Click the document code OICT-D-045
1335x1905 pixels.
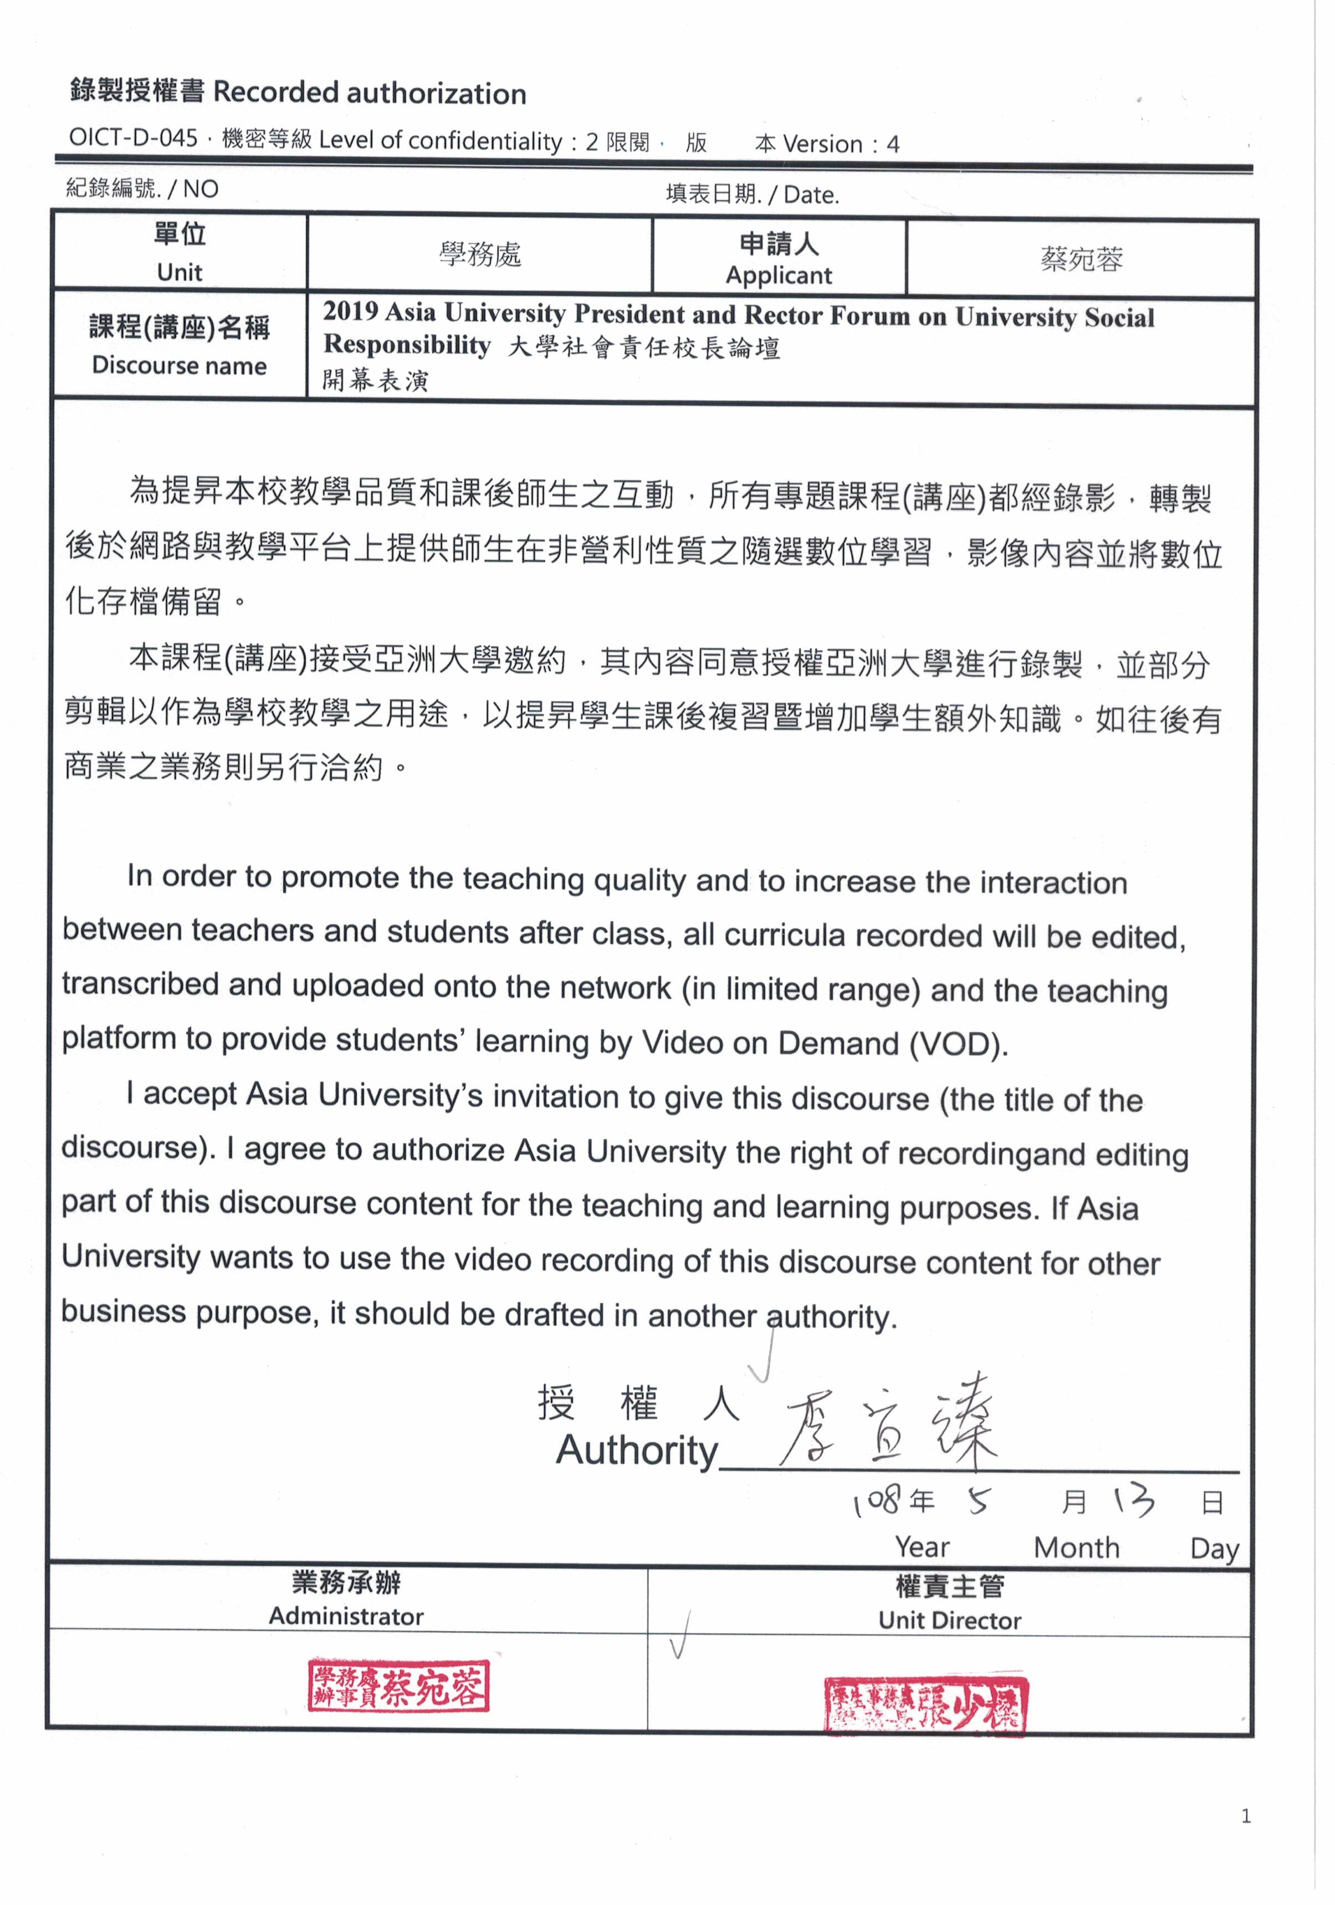(x=133, y=137)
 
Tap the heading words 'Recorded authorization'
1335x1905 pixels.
(x=369, y=93)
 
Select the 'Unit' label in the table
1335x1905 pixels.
(x=179, y=272)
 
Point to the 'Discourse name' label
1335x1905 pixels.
(x=179, y=365)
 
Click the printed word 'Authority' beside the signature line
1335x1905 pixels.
(x=636, y=1451)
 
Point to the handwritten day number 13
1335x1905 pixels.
(x=1133, y=1500)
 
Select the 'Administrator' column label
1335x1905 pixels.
(x=346, y=1616)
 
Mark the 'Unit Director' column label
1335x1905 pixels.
(x=949, y=1621)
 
